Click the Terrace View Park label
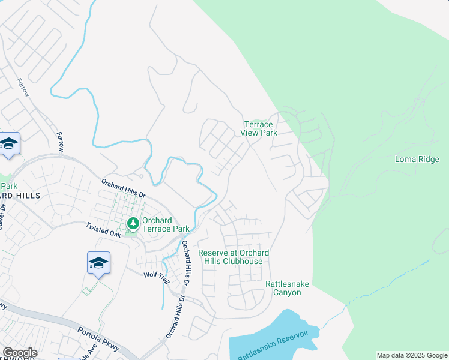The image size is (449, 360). (259, 128)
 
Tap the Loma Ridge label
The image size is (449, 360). (417, 159)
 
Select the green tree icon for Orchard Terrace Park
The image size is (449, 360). (133, 224)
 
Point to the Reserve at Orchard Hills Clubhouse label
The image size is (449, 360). (234, 257)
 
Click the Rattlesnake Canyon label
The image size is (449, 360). (286, 288)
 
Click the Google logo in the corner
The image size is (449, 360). (19, 353)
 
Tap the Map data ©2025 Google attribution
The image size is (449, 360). (412, 355)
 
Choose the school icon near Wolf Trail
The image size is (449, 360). (98, 263)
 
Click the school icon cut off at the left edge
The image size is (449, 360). (9, 144)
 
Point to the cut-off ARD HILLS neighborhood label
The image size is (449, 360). (20, 196)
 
